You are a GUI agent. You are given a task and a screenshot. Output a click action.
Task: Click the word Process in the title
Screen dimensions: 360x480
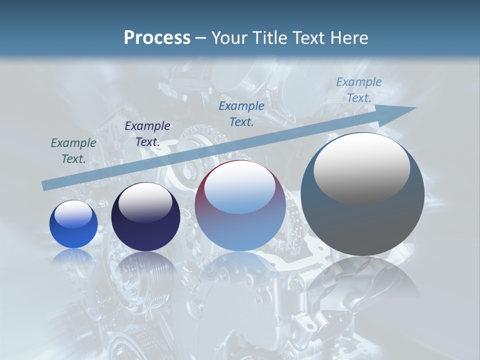157,38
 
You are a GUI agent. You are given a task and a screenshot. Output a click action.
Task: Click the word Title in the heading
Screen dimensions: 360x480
270,38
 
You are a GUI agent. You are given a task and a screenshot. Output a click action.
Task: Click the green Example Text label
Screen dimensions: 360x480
73,151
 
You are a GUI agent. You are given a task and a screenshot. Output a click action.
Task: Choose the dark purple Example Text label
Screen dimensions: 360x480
147,134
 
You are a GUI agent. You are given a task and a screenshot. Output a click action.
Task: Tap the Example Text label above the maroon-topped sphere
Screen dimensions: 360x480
241,114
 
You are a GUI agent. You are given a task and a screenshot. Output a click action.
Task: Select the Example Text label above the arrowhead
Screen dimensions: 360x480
359,90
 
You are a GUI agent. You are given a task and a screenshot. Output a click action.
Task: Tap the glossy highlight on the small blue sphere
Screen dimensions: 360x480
73,214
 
